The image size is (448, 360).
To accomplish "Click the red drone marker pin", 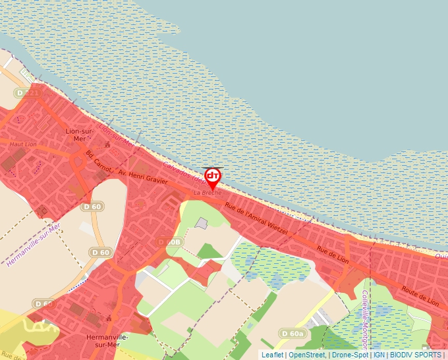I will click(x=213, y=177).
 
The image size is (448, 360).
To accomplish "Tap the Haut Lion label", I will click(x=23, y=144).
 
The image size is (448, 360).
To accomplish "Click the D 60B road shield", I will click(x=169, y=242).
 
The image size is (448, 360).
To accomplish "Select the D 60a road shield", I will click(x=293, y=334).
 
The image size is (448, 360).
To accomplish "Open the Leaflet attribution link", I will click(x=272, y=355).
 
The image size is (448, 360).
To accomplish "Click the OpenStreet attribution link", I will click(x=306, y=355).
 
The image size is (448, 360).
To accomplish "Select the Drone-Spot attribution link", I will click(x=350, y=355).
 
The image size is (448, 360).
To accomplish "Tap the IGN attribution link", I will click(x=379, y=355).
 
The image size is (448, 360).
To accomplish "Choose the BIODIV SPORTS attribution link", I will click(x=416, y=355).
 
